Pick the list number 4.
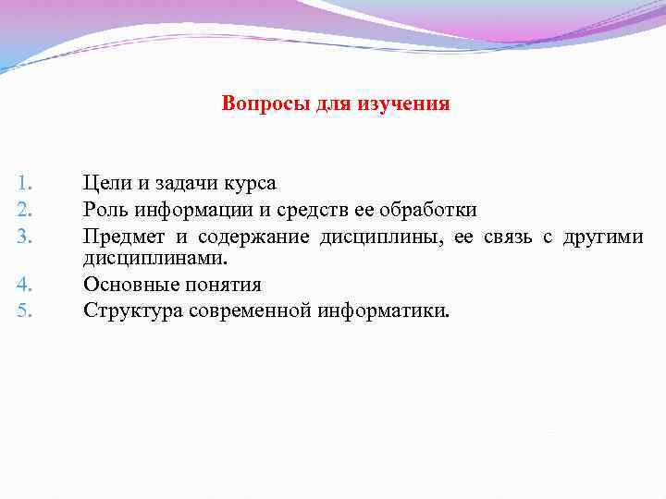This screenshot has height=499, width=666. click(x=26, y=283)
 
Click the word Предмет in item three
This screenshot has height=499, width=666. click(x=122, y=237)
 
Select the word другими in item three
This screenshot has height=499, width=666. click(x=605, y=237)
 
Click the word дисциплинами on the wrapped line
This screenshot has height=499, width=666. click(x=154, y=259)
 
